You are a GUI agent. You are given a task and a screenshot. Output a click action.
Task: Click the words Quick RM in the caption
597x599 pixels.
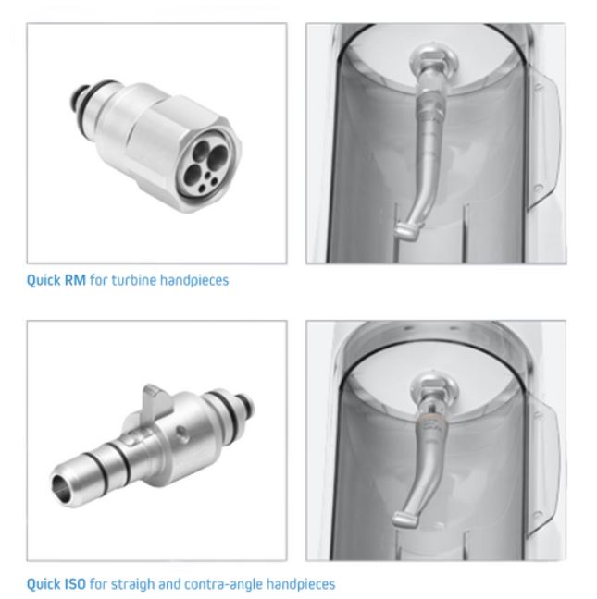(x=56, y=280)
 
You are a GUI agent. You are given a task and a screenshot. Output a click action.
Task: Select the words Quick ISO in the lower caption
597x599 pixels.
(x=56, y=584)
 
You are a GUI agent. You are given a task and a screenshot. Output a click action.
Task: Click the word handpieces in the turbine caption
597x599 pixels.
(x=194, y=280)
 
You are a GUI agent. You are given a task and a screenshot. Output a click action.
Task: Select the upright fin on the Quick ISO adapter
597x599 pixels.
(x=155, y=402)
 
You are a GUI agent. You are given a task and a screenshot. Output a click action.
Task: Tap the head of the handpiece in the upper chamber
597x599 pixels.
(x=406, y=231)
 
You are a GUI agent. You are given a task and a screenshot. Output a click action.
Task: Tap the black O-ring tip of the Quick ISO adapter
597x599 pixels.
(x=245, y=403)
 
